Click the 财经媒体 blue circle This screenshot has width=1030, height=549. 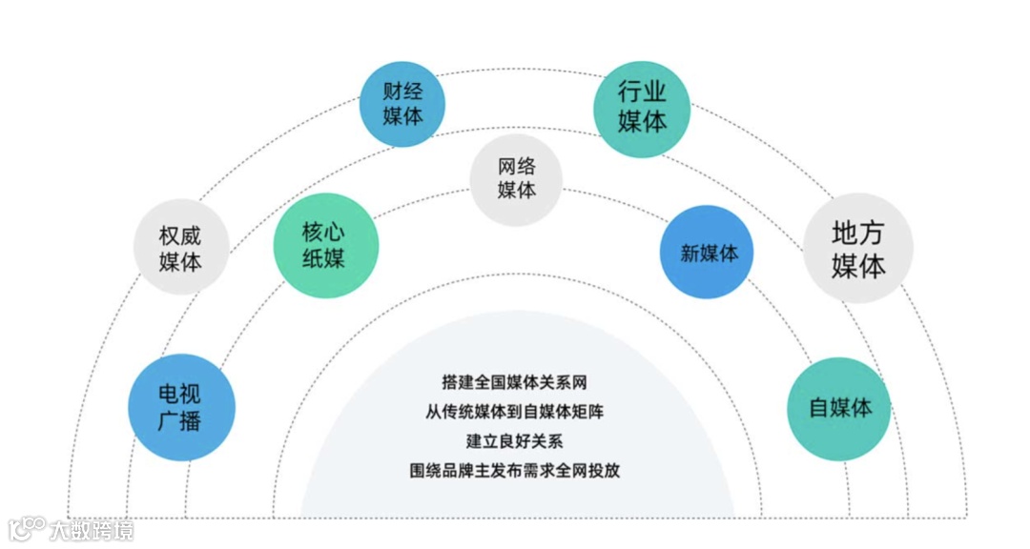[402, 104]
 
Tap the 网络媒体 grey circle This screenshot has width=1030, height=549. [516, 178]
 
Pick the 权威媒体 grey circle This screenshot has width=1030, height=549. [180, 248]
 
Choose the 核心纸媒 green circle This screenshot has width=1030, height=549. [324, 244]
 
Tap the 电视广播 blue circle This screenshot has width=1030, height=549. [180, 407]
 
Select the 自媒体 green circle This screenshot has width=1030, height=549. [839, 408]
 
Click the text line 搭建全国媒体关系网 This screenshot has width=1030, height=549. [514, 382]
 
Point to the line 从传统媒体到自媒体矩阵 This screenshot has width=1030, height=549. [514, 412]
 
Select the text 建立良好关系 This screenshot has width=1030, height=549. [514, 441]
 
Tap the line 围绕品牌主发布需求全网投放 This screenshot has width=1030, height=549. [514, 471]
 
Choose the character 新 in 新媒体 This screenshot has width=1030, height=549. [690, 254]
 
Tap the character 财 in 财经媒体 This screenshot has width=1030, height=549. [392, 92]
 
